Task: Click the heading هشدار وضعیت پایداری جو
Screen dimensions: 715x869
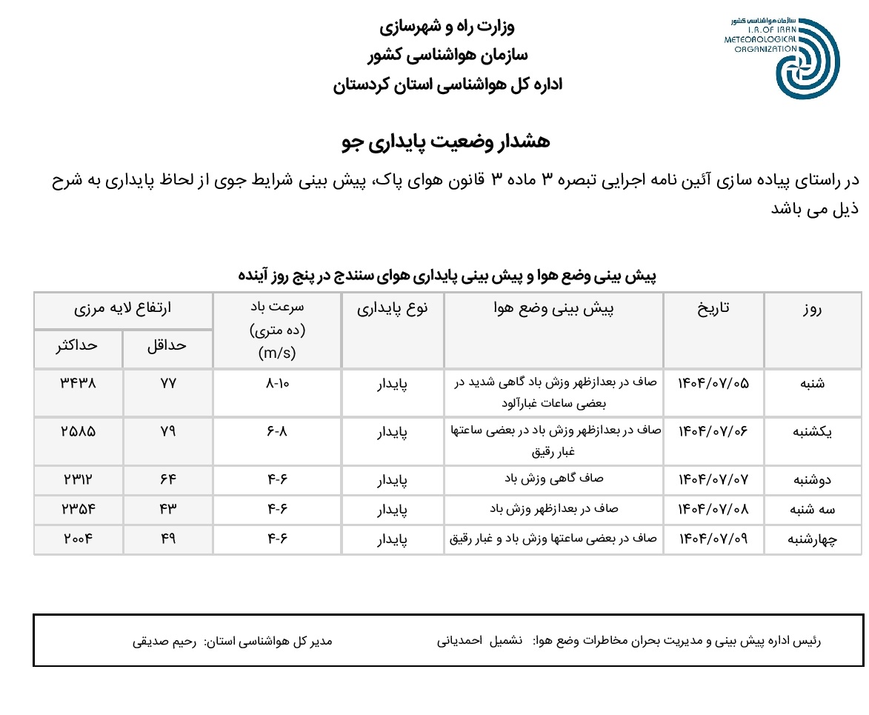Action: [447, 142]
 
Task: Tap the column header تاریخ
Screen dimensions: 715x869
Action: [714, 308]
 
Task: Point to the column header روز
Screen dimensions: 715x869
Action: [813, 310]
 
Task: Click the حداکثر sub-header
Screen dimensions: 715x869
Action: [78, 345]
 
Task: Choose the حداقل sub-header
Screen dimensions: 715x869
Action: [168, 345]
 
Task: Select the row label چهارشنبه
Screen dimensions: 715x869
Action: [813, 539]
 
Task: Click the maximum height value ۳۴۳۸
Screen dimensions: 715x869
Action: [78, 383]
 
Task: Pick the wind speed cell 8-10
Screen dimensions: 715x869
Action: [278, 384]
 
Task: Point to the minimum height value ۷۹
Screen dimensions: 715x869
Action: [168, 432]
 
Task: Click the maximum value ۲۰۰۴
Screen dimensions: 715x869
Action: [78, 539]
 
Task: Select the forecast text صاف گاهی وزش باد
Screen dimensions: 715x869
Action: [553, 479]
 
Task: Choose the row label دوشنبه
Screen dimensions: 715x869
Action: [813, 480]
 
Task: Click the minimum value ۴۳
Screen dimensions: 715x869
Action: [168, 509]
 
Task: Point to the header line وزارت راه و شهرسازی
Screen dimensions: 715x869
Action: [447, 28]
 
